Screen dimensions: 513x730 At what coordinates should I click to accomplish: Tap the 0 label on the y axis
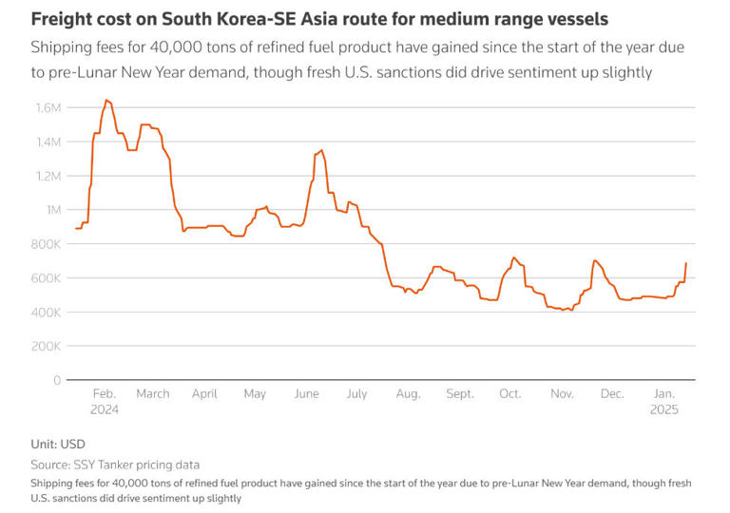(57, 381)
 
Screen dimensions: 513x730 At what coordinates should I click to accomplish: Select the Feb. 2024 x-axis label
(104, 402)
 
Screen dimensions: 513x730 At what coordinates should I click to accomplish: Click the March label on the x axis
(153, 393)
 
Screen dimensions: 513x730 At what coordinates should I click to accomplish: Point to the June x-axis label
(307, 393)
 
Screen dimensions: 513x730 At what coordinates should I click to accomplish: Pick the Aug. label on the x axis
(408, 393)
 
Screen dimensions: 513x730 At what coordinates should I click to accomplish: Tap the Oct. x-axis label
(509, 393)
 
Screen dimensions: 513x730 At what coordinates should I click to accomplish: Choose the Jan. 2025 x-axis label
(664, 402)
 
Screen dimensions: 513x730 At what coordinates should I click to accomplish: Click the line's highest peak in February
(106, 100)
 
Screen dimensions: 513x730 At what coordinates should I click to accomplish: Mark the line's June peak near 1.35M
(321, 150)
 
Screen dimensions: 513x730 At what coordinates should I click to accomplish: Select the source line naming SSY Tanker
(116, 465)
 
